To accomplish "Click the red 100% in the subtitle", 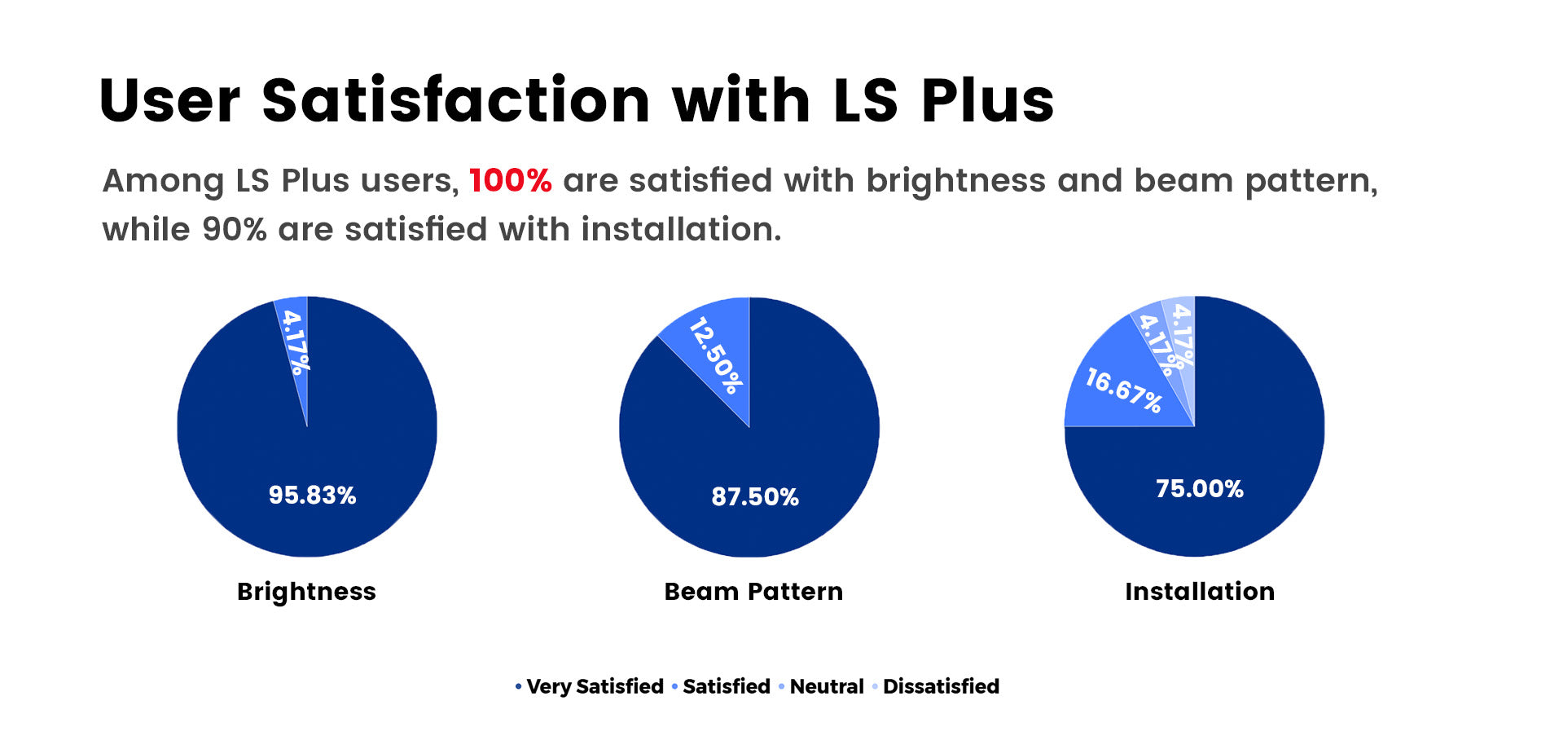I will point(510,180).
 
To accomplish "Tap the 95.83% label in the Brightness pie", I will point(312,495).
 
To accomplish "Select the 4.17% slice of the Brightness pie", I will point(295,342).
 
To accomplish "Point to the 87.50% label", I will point(755,496).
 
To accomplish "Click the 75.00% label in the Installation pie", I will point(1199,488).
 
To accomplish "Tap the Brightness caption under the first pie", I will point(306,591).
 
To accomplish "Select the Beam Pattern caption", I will point(753,591).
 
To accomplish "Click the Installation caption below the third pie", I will point(1199,591).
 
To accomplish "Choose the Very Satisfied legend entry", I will point(594,686).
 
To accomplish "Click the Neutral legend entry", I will point(826,686).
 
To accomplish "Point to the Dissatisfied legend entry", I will point(940,686).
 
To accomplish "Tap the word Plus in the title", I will point(987,101).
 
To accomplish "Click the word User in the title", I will point(169,101).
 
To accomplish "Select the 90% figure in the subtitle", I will point(235,230).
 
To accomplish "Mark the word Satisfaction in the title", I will point(456,101).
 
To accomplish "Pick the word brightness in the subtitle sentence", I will point(955,180).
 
